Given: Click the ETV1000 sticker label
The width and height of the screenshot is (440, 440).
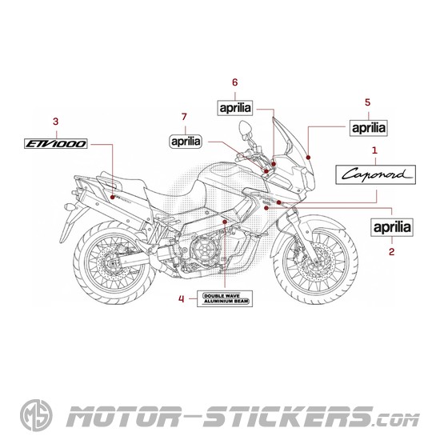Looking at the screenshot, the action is (x=55, y=144).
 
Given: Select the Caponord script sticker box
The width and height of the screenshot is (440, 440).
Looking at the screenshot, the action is (x=375, y=174).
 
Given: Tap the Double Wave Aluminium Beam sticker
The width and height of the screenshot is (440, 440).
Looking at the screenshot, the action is (x=225, y=298).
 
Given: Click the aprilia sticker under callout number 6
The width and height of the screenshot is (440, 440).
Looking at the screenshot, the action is (x=235, y=108).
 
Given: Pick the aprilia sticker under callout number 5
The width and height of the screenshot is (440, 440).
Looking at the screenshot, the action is (x=369, y=128).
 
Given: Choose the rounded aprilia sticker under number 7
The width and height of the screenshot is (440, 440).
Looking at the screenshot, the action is (x=186, y=141).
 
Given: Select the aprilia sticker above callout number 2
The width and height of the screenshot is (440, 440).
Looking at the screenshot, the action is (x=392, y=227).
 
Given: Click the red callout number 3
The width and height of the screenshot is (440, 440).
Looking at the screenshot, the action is (x=55, y=122).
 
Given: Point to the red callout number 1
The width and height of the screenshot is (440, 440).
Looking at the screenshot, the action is (x=374, y=150).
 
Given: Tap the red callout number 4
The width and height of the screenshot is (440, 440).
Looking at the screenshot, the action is (x=182, y=299).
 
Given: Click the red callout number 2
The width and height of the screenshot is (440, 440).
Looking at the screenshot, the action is (x=391, y=252).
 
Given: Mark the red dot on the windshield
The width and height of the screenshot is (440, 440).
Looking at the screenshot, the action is (x=308, y=157).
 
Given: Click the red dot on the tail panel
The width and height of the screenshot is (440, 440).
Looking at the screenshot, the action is (x=112, y=198).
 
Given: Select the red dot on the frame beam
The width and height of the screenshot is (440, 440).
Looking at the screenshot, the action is (x=225, y=222).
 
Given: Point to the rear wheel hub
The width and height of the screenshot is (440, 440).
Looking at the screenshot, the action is (x=114, y=264).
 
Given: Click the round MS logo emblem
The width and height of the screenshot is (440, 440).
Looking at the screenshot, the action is (x=36, y=415).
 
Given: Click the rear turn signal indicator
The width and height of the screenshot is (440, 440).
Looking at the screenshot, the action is (x=70, y=207).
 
